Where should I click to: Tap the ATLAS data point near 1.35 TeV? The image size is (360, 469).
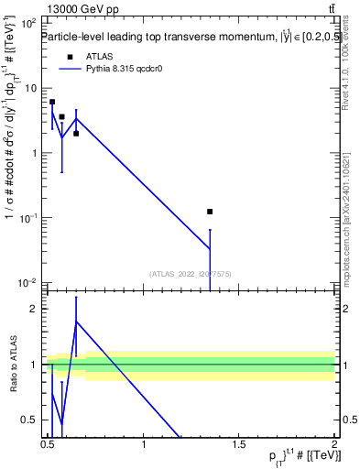(210, 212)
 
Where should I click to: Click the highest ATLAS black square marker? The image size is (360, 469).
(52, 102)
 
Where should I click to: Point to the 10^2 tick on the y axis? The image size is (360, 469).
(30, 23)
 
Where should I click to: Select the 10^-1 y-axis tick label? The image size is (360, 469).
(30, 218)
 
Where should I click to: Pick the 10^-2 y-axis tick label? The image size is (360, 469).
(30, 283)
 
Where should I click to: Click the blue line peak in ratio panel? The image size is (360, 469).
(76, 321)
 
